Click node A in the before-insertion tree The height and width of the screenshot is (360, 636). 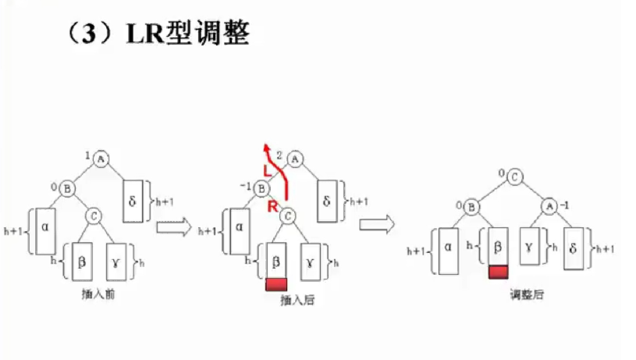pyautogui.click(x=100, y=159)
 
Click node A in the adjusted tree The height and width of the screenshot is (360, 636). pyautogui.click(x=549, y=206)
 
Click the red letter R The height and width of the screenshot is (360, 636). pyautogui.click(x=272, y=207)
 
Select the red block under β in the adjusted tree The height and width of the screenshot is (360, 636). pyautogui.click(x=499, y=271)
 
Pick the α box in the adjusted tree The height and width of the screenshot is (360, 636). pyautogui.click(x=448, y=250)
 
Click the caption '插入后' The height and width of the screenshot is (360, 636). pyautogui.click(x=293, y=299)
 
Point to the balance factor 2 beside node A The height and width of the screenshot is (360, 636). pyautogui.click(x=279, y=155)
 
